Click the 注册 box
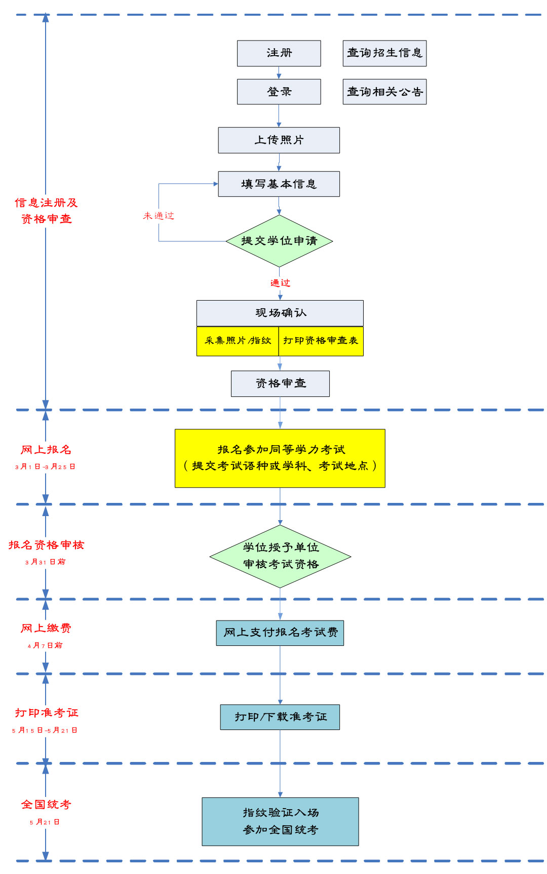click(x=279, y=53)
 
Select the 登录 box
click(x=279, y=92)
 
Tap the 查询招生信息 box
click(x=384, y=53)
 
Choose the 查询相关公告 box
click(x=384, y=92)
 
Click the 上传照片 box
click(x=279, y=140)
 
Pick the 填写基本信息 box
click(x=279, y=184)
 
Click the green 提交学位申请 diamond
click(x=279, y=241)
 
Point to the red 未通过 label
click(x=159, y=216)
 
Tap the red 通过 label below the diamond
click(x=280, y=283)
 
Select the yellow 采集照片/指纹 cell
click(x=238, y=341)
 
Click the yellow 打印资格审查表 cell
click(x=321, y=341)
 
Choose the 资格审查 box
click(x=280, y=383)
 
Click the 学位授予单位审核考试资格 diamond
click(x=280, y=556)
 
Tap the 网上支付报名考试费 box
click(x=280, y=633)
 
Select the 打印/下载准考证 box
click(x=280, y=717)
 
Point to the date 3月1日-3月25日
click(x=45, y=467)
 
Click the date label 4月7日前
click(x=45, y=645)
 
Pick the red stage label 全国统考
click(x=46, y=805)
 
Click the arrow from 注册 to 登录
click(x=279, y=72)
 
